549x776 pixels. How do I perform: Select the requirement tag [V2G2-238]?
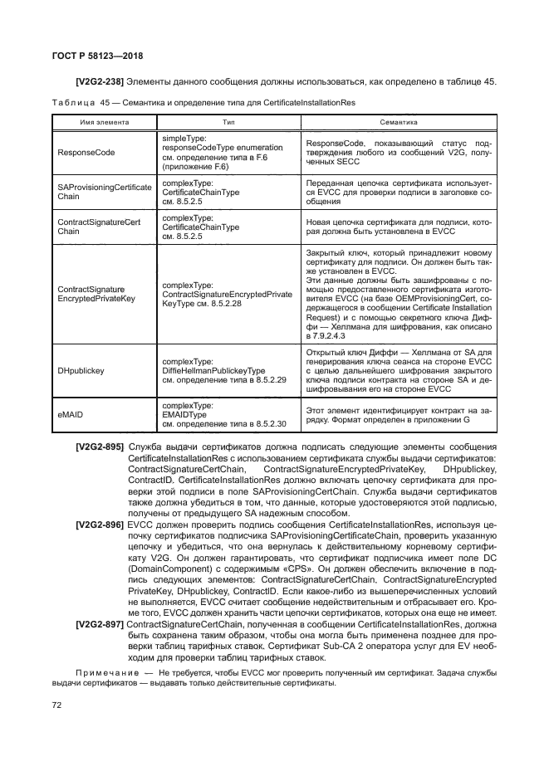coord(99,81)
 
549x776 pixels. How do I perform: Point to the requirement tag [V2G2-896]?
coord(99,525)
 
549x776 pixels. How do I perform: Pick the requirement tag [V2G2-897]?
coord(99,623)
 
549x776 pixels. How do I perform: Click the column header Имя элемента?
coord(104,121)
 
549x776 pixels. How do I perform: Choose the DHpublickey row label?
coord(81,371)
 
